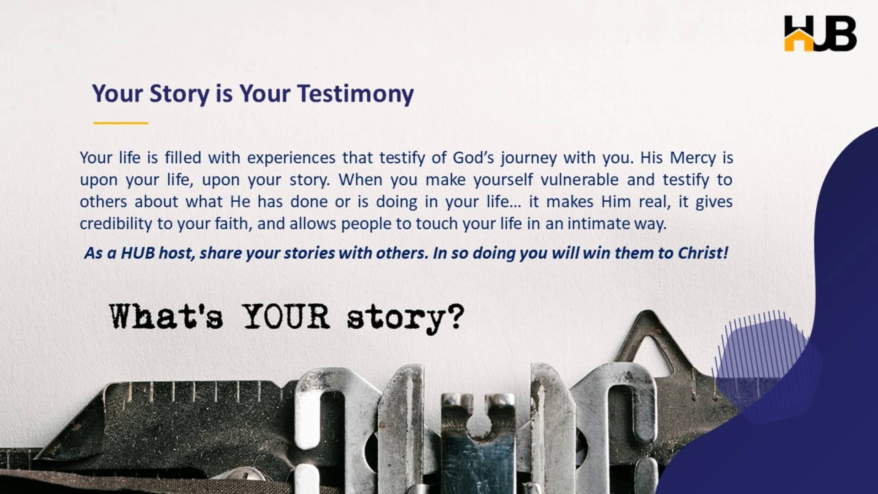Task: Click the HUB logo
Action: pyautogui.click(x=820, y=33)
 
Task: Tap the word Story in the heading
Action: pyautogui.click(x=179, y=93)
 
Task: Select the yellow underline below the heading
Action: pyautogui.click(x=121, y=123)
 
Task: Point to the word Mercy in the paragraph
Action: pyautogui.click(x=693, y=158)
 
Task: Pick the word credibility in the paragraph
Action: pyautogui.click(x=115, y=224)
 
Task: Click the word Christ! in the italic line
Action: pyautogui.click(x=702, y=253)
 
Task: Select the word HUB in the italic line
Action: pyautogui.click(x=138, y=253)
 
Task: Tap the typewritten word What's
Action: pyautogui.click(x=166, y=316)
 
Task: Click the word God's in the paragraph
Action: pyautogui.click(x=473, y=158)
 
